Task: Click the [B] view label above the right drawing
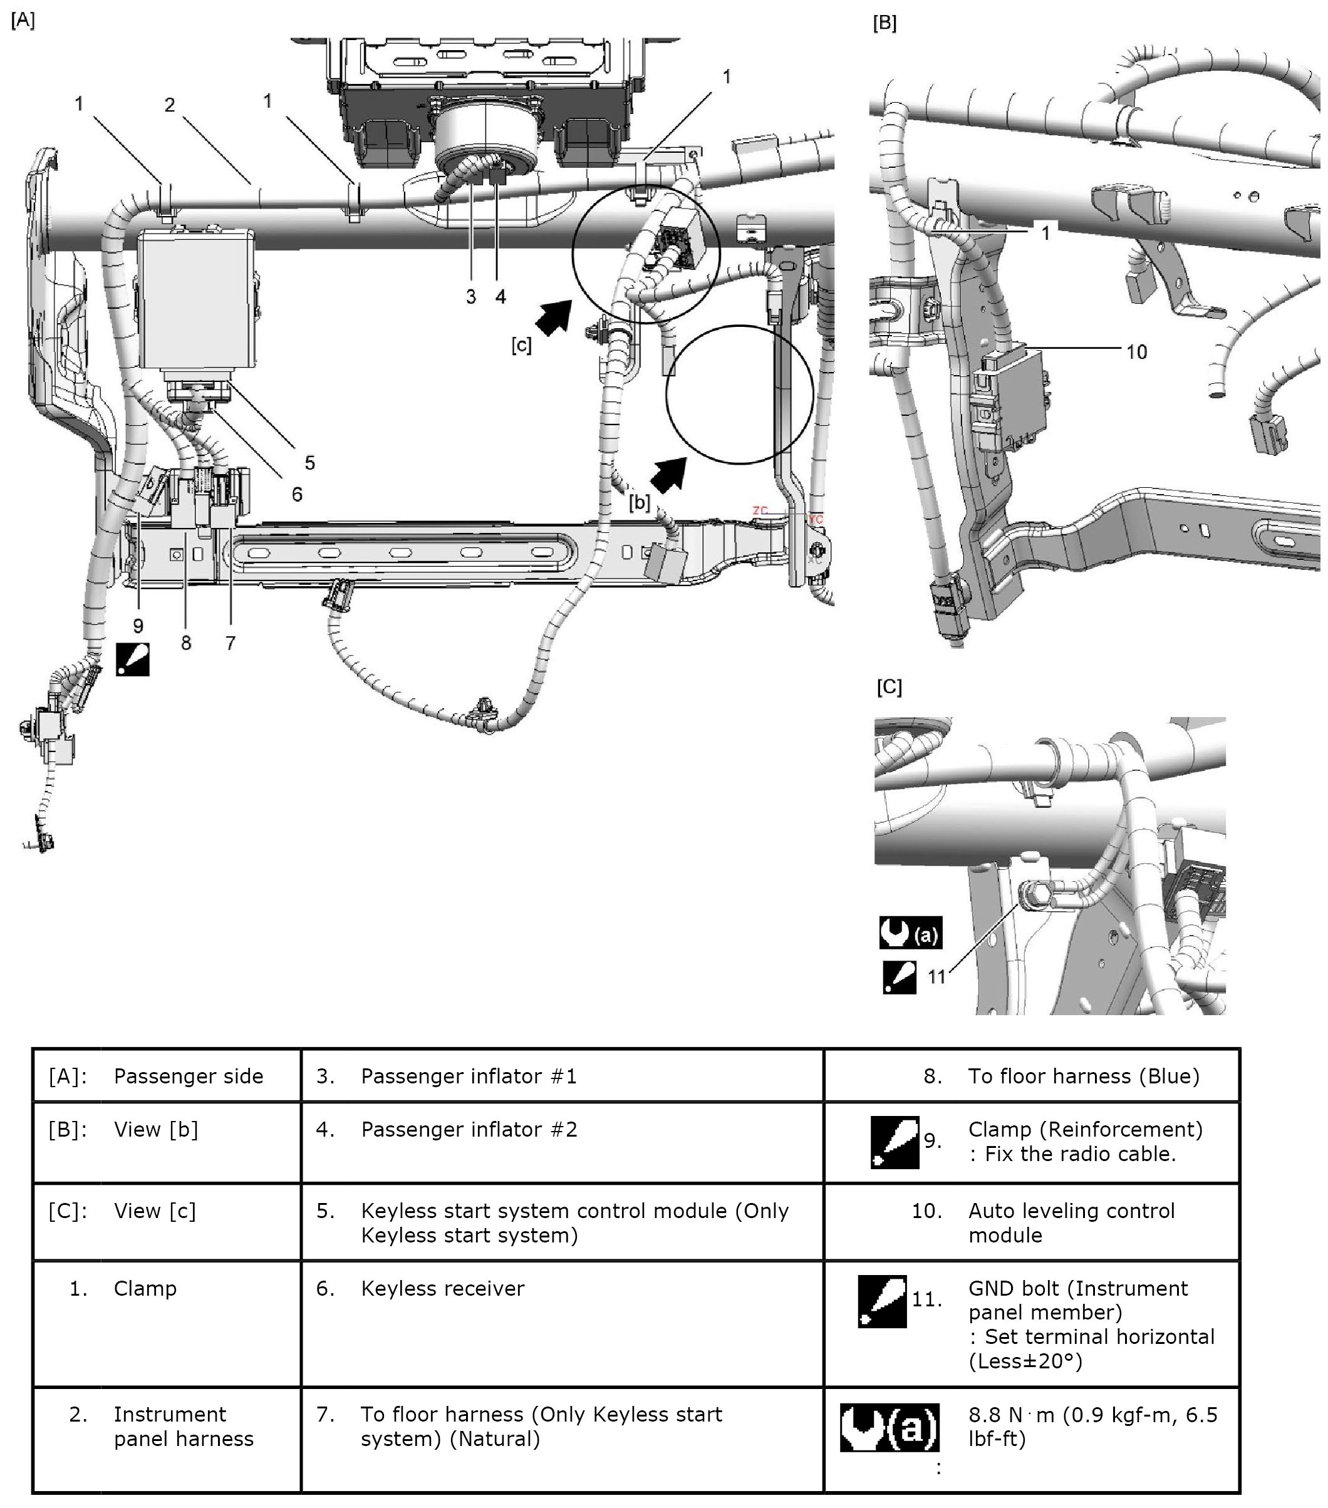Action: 884,23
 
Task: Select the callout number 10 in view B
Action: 1136,352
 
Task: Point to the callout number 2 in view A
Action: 170,105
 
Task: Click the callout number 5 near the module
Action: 310,463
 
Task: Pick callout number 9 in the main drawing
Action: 138,626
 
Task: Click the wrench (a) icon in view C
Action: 910,933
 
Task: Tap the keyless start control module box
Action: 198,299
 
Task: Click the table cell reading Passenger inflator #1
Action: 469,1077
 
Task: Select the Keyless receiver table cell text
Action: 443,1289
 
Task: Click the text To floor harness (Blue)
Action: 1083,1077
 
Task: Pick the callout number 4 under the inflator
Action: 501,297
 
